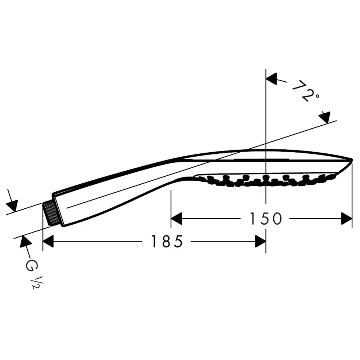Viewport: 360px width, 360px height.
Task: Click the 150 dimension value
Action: (x=265, y=219)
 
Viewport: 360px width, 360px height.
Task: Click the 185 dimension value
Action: (x=167, y=241)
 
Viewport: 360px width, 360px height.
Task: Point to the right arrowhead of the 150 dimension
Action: (x=347, y=219)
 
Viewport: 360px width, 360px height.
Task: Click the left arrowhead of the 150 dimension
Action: (x=176, y=219)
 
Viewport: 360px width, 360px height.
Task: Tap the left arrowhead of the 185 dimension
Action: (x=48, y=241)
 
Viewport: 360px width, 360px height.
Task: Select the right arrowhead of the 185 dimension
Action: (x=260, y=241)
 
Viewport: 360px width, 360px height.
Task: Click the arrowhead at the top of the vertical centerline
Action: (x=271, y=79)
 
